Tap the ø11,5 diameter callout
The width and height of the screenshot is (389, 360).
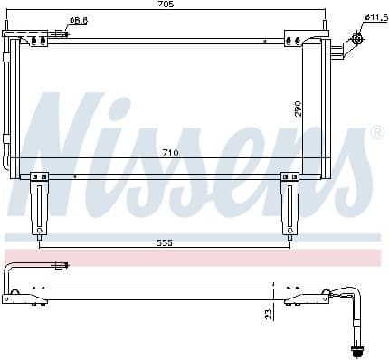(375, 17)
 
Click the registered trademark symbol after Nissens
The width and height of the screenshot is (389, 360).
(377, 133)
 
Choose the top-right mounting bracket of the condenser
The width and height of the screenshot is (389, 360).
(295, 37)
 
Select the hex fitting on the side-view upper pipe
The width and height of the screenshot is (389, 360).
(62, 265)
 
